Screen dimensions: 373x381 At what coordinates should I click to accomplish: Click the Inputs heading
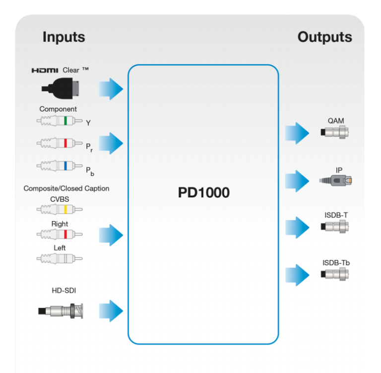(63, 37)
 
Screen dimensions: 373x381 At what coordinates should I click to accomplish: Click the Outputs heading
(324, 37)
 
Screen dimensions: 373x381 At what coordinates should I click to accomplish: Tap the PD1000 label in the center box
(203, 192)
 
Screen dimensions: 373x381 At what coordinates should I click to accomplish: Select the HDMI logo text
(45, 70)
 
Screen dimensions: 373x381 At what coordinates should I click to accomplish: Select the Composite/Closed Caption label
(66, 188)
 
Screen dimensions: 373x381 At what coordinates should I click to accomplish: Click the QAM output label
(335, 120)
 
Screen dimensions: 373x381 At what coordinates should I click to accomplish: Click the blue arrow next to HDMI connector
(111, 88)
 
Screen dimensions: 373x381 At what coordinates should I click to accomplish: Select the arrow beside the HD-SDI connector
(111, 311)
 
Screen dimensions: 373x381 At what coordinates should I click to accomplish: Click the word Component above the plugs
(58, 109)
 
